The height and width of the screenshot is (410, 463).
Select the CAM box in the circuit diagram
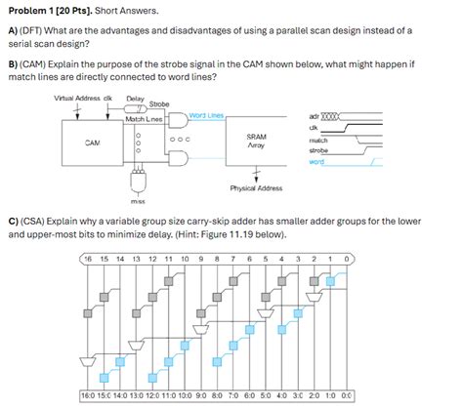tap(93, 143)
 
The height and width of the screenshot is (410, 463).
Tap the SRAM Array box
tap(257, 143)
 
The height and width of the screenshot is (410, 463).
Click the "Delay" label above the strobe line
tap(136, 100)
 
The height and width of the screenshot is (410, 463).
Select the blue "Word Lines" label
tap(207, 116)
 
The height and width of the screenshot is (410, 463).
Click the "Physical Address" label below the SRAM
tap(256, 186)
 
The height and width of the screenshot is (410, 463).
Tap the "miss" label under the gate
tap(138, 202)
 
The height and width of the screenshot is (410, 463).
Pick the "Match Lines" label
tap(144, 118)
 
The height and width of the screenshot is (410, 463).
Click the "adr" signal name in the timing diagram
tap(313, 115)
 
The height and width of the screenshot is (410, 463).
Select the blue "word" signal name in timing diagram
tap(315, 162)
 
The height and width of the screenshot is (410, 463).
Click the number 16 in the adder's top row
tap(88, 259)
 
